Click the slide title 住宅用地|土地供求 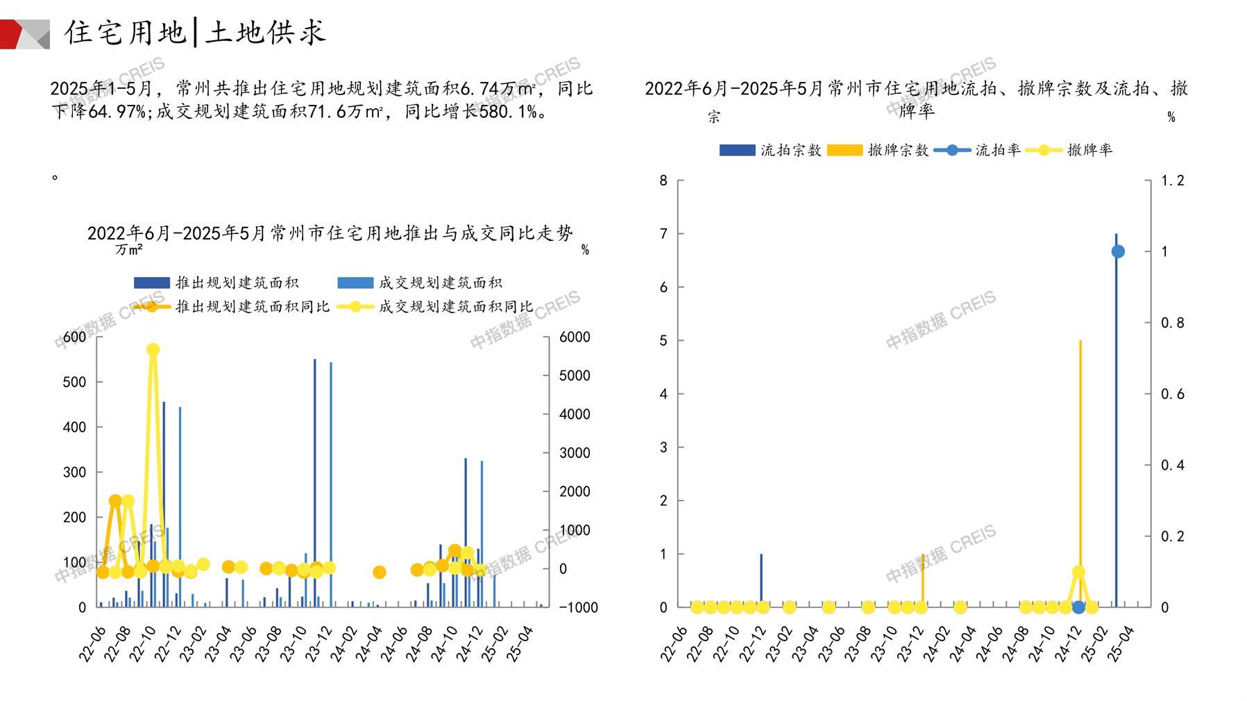coord(195,33)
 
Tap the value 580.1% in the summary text coord(507,112)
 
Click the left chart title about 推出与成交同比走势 coord(330,233)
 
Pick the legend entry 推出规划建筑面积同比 coord(252,306)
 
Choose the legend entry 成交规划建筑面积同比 coord(455,306)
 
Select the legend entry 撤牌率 coord(1089,150)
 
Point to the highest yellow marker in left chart coord(153,350)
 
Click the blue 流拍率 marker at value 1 coord(1118,251)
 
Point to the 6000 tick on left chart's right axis coord(575,337)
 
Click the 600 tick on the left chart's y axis coord(74,337)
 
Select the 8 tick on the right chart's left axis coord(663,180)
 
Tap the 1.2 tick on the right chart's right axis coord(1173,180)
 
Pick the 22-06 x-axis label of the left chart coord(92,643)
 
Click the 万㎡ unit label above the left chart coord(129,249)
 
